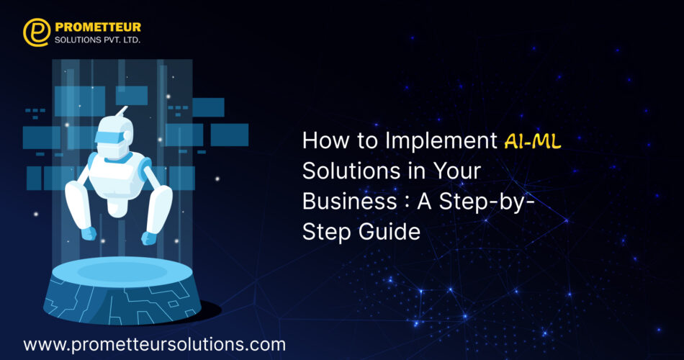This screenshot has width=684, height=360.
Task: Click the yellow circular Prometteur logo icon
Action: [x=37, y=32]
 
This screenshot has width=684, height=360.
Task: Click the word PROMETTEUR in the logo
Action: [x=98, y=27]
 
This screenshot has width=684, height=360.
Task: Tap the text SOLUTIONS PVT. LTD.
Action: [x=97, y=40]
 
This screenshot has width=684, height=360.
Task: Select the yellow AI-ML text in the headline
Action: [x=533, y=141]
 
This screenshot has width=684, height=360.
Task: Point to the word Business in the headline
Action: [x=349, y=201]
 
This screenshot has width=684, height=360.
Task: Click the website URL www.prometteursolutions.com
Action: [x=154, y=345]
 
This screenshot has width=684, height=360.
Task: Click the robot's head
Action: [x=114, y=135]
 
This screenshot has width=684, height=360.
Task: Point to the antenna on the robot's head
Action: [x=121, y=111]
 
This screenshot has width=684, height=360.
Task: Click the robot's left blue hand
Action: [x=89, y=233]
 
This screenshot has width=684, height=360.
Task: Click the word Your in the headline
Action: [x=456, y=171]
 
